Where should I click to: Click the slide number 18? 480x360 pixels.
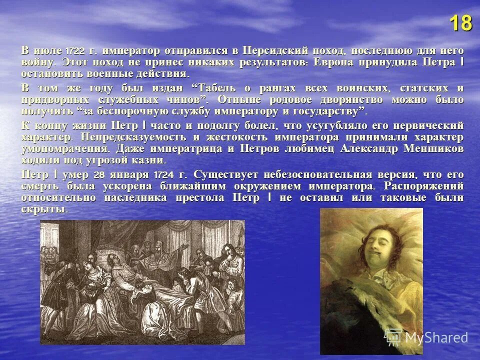pos(460,24)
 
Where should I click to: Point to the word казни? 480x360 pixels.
pos(149,160)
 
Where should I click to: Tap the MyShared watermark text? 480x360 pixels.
pos(436,337)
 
